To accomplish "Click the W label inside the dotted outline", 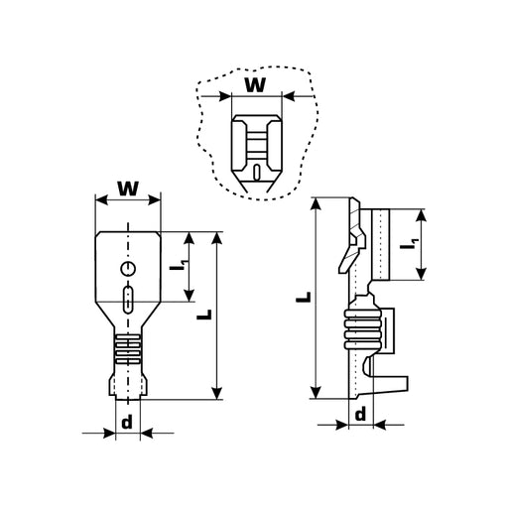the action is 255,85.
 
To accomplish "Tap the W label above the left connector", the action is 128,189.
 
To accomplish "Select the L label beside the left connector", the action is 204,315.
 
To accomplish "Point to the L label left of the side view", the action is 304,297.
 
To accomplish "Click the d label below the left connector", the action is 127,422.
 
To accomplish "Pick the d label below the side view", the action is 360,414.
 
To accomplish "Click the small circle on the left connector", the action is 128,269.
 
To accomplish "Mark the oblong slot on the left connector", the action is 128,300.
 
